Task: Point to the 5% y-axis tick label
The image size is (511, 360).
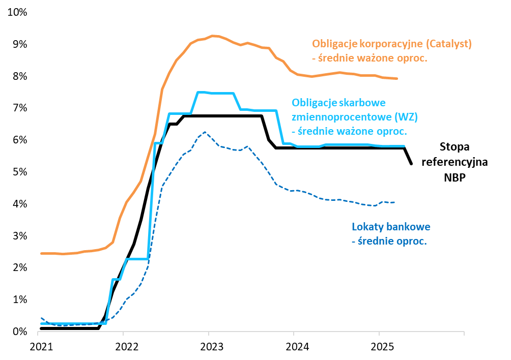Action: point(19,172)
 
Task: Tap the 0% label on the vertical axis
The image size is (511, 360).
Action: point(19,332)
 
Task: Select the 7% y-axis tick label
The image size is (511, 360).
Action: point(19,108)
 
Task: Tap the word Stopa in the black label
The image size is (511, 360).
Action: point(454,147)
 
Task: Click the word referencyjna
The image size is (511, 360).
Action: point(454,163)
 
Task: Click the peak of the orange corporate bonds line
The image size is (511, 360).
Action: point(213,36)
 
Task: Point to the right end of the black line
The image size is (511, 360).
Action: point(411,164)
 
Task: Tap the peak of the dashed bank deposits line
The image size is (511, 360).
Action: point(205,132)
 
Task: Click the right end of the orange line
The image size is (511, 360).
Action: point(396,78)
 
